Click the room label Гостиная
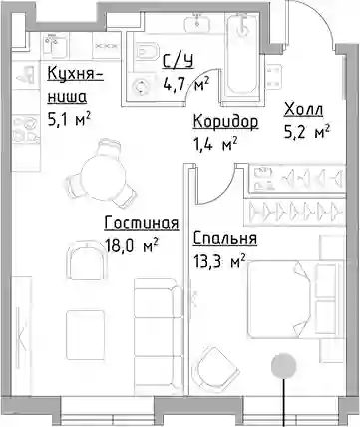(x=142, y=223)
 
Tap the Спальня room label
(x=225, y=238)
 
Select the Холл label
(x=304, y=110)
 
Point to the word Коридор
(x=225, y=122)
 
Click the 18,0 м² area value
(x=131, y=246)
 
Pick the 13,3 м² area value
(x=219, y=261)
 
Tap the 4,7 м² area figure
(x=186, y=84)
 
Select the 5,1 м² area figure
(x=69, y=120)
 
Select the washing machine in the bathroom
(x=140, y=87)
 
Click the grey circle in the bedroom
(x=283, y=366)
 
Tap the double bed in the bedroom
(x=296, y=299)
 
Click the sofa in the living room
(x=159, y=335)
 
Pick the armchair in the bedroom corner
(x=217, y=368)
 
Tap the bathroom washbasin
(x=197, y=21)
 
